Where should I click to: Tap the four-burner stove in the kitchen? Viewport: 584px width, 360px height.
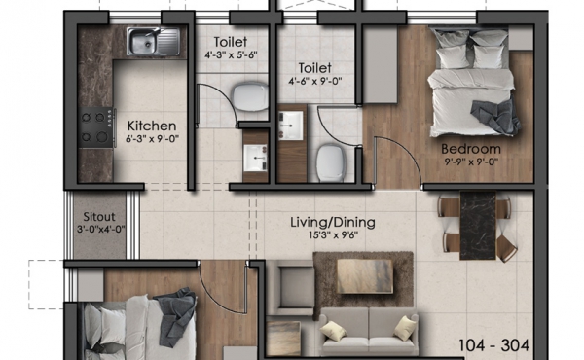click(96, 127)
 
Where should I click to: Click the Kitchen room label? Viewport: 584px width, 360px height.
click(152, 126)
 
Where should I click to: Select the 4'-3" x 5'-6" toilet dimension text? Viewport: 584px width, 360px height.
click(231, 55)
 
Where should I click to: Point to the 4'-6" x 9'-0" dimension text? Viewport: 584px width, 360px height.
click(315, 81)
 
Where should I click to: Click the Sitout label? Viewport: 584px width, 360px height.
click(99, 217)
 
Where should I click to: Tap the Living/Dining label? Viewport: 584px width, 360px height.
click(333, 222)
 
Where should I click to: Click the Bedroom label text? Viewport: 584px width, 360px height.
click(471, 149)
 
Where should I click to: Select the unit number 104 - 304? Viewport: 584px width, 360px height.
click(493, 345)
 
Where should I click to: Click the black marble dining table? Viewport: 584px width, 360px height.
click(478, 225)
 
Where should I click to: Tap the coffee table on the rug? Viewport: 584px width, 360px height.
click(365, 276)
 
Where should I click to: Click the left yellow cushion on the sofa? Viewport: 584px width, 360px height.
click(334, 331)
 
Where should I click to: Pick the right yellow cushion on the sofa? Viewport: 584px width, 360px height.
click(405, 328)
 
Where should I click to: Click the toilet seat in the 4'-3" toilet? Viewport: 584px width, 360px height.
click(250, 97)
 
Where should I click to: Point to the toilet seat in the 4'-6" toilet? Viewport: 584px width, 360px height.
click(330, 163)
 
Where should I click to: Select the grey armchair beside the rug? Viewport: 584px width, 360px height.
click(293, 287)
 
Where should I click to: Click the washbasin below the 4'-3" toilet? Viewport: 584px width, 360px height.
click(255, 158)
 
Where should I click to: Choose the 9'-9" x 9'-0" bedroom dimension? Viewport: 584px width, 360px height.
click(471, 162)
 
